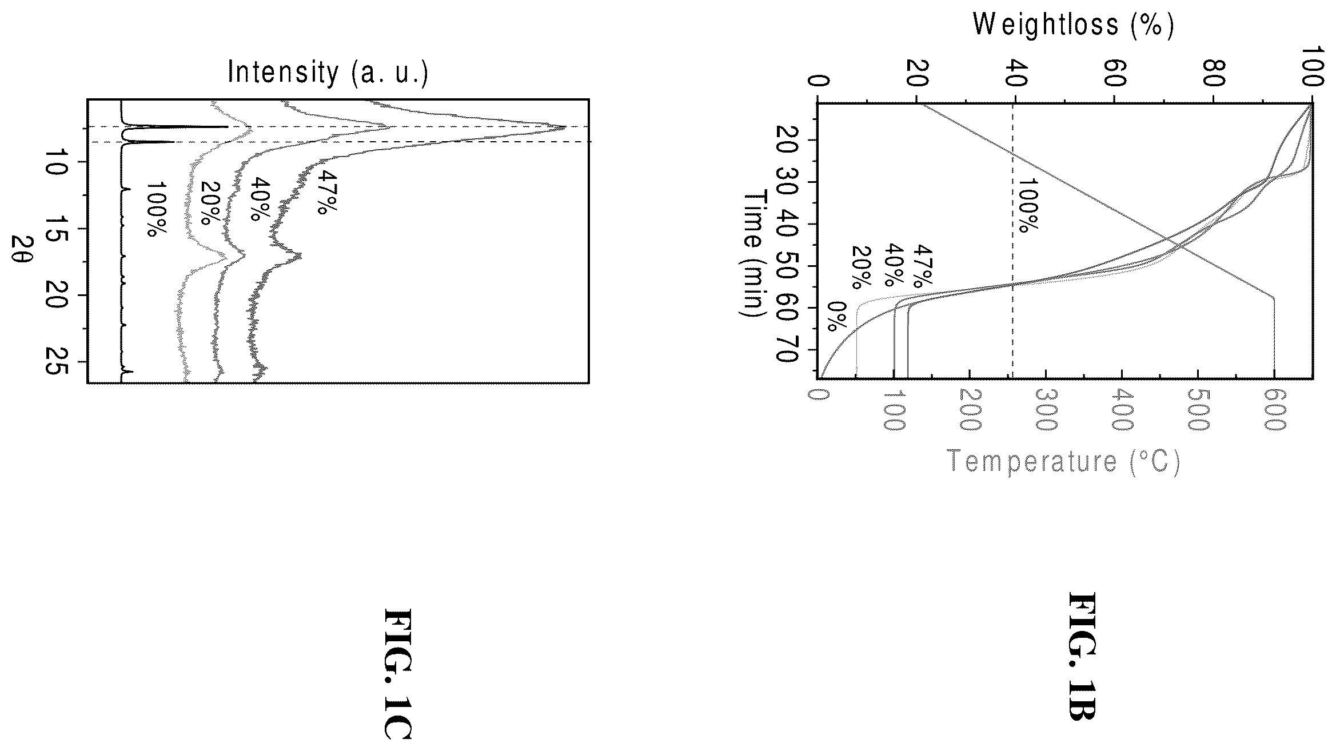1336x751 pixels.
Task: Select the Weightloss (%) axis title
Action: (1073, 26)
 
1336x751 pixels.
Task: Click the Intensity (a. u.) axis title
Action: (328, 73)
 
